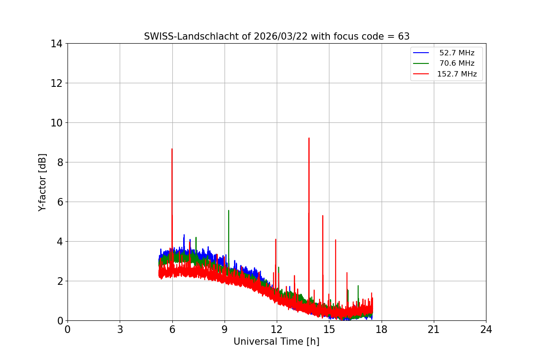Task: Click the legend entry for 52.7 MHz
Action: (x=457, y=53)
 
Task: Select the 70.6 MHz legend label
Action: (x=457, y=63)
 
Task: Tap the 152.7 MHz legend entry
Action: (x=457, y=74)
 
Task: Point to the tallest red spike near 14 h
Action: (x=309, y=138)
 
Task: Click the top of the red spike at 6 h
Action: (x=172, y=149)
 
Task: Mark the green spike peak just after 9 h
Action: (x=229, y=211)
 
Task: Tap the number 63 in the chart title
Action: (x=404, y=36)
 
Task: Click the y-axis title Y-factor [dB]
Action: (x=42, y=182)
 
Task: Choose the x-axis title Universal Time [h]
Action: (x=276, y=342)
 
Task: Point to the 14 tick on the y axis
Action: (x=56, y=44)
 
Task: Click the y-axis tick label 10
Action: (x=56, y=123)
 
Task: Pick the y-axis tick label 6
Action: (x=59, y=202)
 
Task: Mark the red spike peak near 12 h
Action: (x=275, y=239)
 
